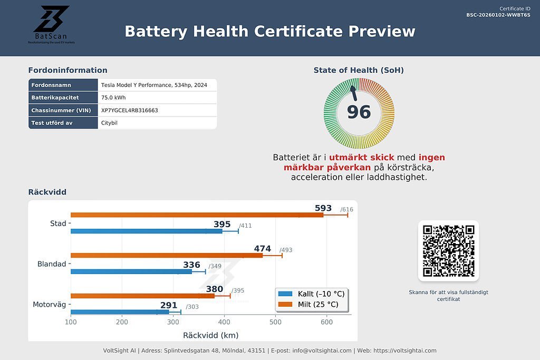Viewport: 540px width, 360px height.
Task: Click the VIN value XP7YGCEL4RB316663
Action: [x=130, y=110]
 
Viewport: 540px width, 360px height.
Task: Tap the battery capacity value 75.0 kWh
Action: [x=113, y=98]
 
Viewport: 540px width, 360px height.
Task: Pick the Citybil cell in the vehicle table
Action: [x=110, y=123]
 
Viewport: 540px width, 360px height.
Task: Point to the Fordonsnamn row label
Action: [x=51, y=85]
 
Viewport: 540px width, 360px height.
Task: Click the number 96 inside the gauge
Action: [x=359, y=112]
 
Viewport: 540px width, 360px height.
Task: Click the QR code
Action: [x=448, y=251]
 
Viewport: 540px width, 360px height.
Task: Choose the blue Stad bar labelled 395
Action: [x=146, y=231]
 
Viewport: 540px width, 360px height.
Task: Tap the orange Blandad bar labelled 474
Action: [x=167, y=255]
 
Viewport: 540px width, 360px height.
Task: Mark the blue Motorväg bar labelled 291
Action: [x=120, y=312]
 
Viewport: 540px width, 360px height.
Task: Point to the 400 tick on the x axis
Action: [x=224, y=322]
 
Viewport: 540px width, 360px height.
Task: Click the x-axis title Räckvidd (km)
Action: [x=210, y=335]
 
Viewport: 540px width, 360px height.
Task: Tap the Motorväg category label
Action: [x=50, y=304]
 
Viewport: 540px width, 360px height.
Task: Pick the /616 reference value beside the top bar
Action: [x=346, y=209]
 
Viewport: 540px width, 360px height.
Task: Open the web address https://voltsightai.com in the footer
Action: [x=405, y=351]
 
